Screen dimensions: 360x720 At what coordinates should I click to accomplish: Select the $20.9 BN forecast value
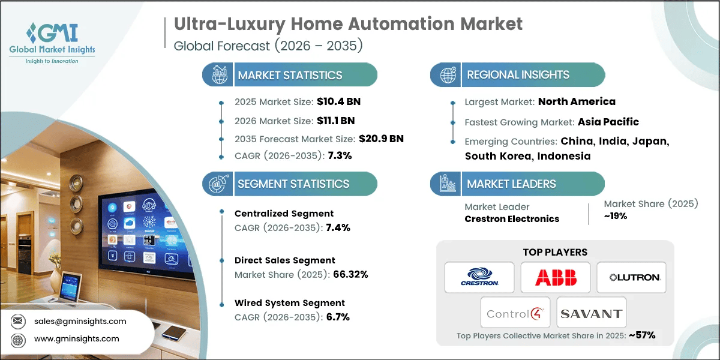tap(381, 139)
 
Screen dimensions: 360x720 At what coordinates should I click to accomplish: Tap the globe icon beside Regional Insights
tap(446, 75)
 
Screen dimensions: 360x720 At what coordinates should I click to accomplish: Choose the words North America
tap(577, 101)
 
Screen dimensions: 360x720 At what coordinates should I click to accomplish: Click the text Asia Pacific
tap(608, 122)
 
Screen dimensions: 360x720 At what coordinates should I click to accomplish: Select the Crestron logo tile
tap(479, 277)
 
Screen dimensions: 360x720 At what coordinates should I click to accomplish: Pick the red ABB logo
tap(556, 277)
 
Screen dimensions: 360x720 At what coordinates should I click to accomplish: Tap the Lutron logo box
tap(632, 277)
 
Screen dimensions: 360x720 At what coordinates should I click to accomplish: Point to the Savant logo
tap(591, 313)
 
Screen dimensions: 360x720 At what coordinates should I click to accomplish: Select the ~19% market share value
tap(616, 216)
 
